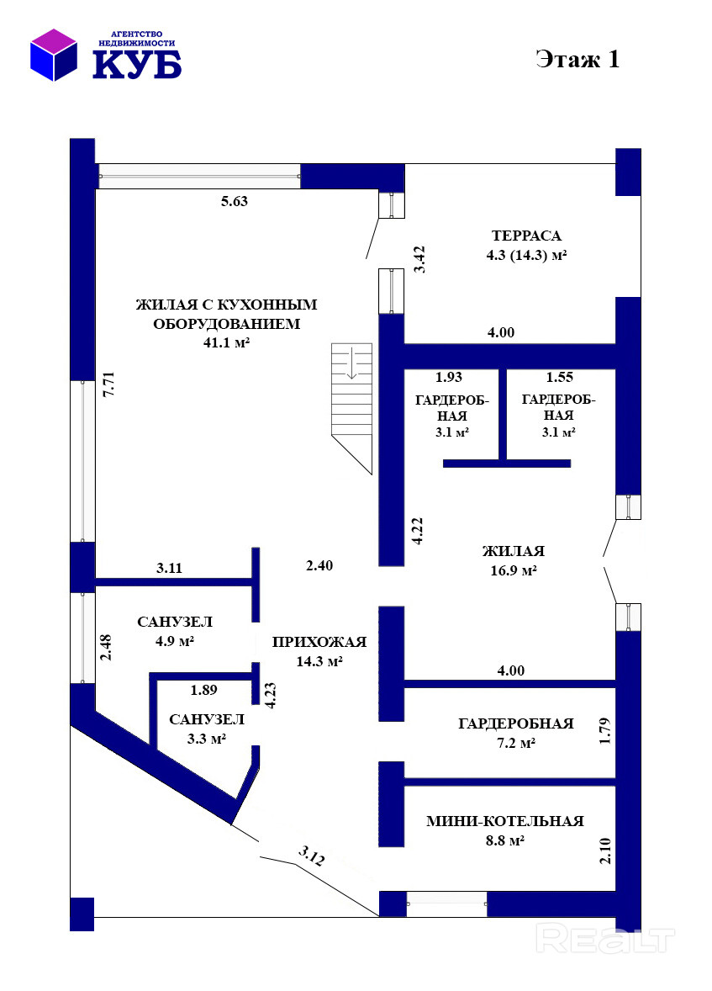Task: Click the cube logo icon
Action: click(x=54, y=55)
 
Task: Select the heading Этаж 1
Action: click(x=578, y=59)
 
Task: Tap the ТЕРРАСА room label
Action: click(x=526, y=236)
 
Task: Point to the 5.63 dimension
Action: click(x=234, y=202)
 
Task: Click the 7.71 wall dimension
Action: click(x=108, y=384)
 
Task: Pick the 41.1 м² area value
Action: click(x=226, y=342)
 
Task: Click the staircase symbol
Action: click(x=352, y=408)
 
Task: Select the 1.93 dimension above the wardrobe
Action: click(x=449, y=378)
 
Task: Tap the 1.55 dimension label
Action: click(x=559, y=378)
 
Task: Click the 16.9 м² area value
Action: click(x=513, y=570)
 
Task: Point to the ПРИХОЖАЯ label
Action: click(x=319, y=642)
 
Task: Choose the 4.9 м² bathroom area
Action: click(x=174, y=641)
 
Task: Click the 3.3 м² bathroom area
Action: click(x=207, y=738)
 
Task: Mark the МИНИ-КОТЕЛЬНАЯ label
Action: click(x=504, y=821)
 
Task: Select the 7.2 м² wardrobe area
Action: click(x=515, y=744)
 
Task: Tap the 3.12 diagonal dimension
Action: click(x=312, y=856)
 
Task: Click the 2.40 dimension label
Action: click(x=319, y=565)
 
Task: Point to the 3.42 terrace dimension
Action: click(x=419, y=259)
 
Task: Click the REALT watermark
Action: click(x=604, y=939)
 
